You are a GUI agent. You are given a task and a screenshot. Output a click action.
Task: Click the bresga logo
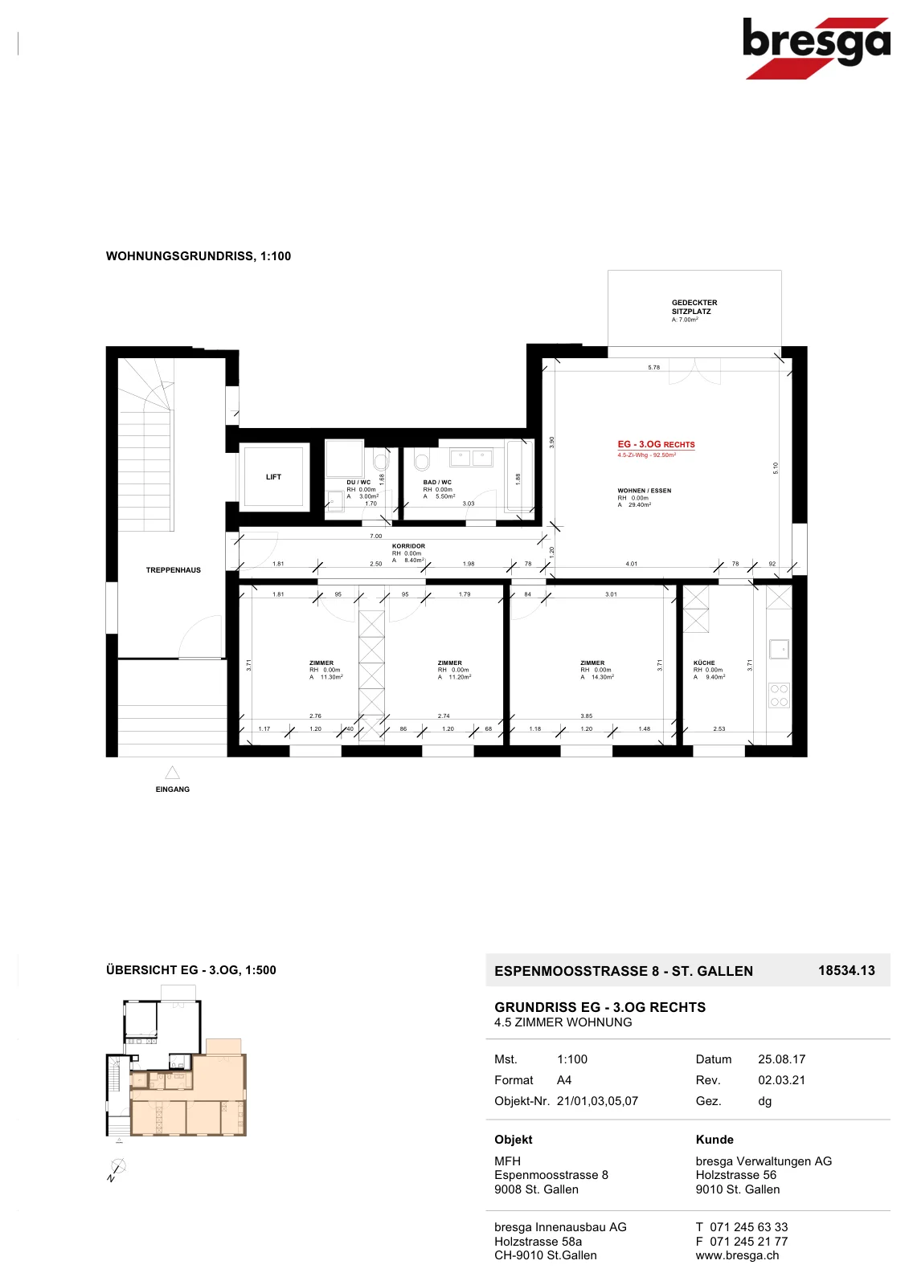coord(816,48)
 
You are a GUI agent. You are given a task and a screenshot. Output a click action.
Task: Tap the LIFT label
coord(273,477)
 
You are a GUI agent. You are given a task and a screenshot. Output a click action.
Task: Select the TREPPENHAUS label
coord(174,569)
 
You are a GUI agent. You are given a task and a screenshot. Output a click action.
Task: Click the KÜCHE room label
coord(704,663)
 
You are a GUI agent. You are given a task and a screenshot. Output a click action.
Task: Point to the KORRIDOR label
coord(408,546)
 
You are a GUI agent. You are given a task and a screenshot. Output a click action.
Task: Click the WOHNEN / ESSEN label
coord(645,491)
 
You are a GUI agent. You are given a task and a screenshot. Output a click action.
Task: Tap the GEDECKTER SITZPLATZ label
coord(694,307)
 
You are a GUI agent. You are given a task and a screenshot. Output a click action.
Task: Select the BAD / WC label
coord(437,483)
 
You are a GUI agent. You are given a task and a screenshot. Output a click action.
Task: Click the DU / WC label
coord(358,483)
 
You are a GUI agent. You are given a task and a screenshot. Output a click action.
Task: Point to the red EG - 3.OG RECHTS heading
coord(656,445)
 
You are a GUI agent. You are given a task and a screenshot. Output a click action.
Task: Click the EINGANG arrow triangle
coord(172,772)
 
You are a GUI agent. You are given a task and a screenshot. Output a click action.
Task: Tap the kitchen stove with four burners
coord(780,696)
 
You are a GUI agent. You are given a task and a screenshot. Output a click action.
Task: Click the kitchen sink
coord(780,650)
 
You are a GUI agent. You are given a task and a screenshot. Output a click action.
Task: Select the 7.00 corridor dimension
coord(375,536)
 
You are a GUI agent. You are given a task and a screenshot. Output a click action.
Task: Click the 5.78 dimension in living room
coord(654,367)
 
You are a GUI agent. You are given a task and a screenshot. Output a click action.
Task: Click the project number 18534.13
coord(846,970)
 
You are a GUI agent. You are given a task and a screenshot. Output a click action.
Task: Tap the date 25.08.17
coord(781,1059)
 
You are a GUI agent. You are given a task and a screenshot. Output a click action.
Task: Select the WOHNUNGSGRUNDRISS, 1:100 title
coord(198,256)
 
